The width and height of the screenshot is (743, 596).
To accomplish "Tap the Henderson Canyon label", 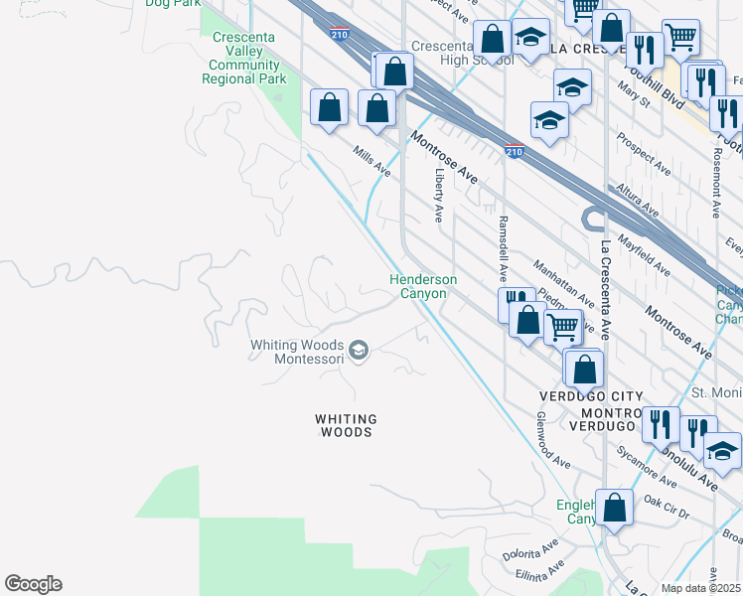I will pyautogui.click(x=423, y=287).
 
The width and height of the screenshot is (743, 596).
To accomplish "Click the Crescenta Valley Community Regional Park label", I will pyautogui.click(x=244, y=58).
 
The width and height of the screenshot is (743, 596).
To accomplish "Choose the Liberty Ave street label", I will pyautogui.click(x=438, y=194).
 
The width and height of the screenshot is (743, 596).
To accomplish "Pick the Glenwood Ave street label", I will pyautogui.click(x=553, y=442).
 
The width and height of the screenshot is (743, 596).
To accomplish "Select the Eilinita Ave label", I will pyautogui.click(x=539, y=569).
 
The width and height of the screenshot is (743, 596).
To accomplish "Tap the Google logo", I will pyautogui.click(x=34, y=584).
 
